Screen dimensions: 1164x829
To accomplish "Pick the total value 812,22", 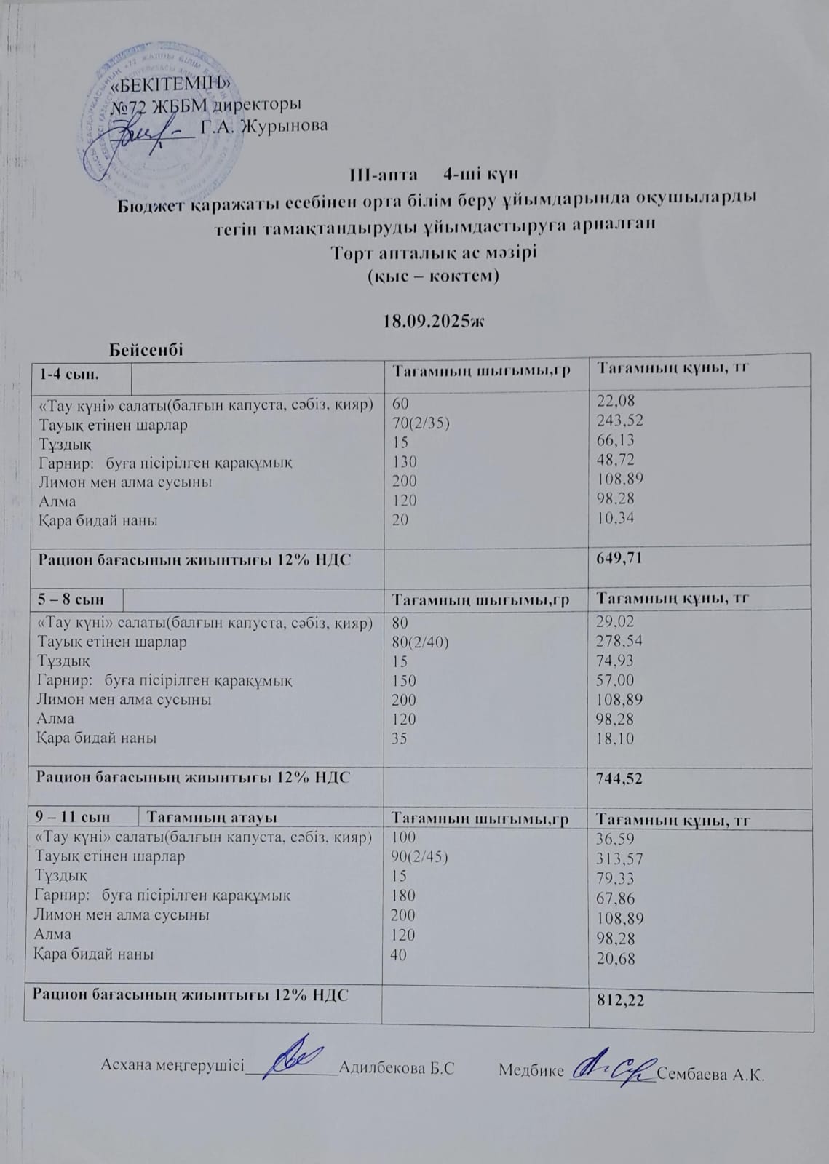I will (619, 1001).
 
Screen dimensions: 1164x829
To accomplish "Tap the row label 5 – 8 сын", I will (71, 599).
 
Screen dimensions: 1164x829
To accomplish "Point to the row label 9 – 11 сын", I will (70, 818).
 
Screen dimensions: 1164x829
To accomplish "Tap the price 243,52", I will (620, 420).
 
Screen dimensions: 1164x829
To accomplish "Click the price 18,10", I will (615, 738).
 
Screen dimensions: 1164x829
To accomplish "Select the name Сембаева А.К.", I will (710, 1075).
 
